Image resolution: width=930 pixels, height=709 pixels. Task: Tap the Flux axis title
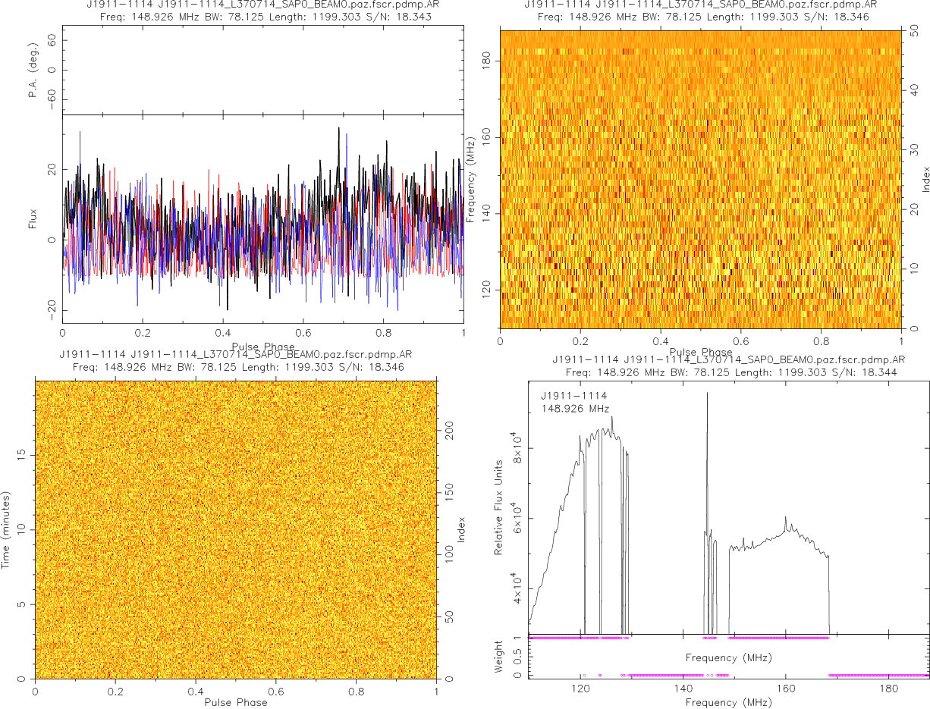click(x=33, y=218)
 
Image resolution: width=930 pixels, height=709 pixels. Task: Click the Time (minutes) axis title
click(x=6, y=529)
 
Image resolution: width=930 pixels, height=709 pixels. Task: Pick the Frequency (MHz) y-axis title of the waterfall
click(x=471, y=179)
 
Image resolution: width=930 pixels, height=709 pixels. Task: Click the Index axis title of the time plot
click(x=461, y=529)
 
